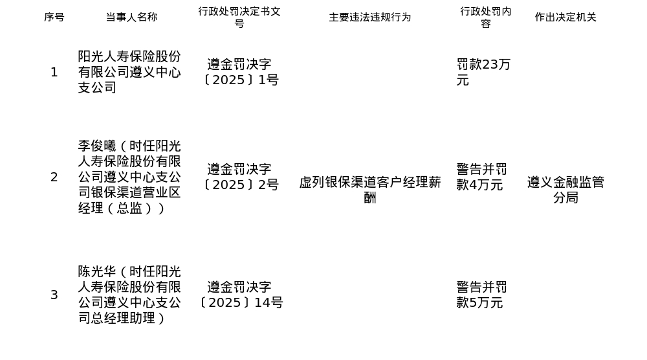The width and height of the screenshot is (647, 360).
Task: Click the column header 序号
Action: tap(54, 17)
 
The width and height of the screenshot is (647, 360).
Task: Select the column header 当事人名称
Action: tap(131, 17)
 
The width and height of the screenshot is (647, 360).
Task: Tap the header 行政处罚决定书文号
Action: tap(239, 17)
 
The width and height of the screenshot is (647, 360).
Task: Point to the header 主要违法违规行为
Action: tap(369, 17)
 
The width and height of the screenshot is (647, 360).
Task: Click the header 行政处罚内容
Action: tap(485, 17)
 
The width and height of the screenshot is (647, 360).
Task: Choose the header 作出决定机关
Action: tap(565, 17)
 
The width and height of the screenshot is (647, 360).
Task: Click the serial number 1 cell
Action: tap(54, 73)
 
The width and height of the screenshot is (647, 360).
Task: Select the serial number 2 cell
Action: tap(54, 177)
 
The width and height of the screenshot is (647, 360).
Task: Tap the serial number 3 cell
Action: tap(54, 295)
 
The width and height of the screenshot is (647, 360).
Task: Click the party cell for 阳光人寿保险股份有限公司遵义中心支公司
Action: tap(129, 73)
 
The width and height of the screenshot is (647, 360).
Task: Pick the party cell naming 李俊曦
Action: tap(129, 177)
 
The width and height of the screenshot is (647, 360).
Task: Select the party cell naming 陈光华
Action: tap(129, 295)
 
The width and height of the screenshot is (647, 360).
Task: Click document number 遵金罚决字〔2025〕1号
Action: tap(239, 73)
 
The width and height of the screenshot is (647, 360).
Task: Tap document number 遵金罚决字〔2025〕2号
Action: tap(239, 177)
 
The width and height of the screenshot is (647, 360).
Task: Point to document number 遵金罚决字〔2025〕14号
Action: tap(239, 295)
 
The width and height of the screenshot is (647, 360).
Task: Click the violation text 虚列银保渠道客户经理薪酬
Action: tap(369, 190)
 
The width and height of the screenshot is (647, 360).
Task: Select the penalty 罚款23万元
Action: tap(483, 73)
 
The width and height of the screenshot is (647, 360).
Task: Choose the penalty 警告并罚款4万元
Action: tap(481, 177)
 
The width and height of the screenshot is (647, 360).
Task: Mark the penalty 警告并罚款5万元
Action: tap(481, 295)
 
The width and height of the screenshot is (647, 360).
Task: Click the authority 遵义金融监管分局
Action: tap(565, 190)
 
